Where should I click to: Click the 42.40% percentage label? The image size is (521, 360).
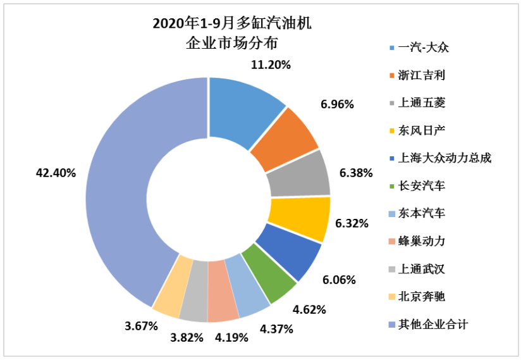point(58,173)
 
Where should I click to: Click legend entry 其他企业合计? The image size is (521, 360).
point(433,325)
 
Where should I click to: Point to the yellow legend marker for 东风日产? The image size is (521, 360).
point(393,131)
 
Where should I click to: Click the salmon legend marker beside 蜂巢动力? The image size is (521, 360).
point(393,242)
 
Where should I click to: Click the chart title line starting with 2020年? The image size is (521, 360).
point(233,24)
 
